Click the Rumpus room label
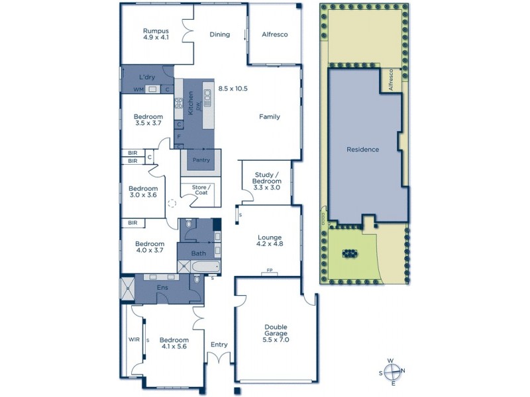point(156,34)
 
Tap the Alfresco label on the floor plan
point(274,34)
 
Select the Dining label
point(219,34)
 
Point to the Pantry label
point(201,160)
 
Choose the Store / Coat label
point(201,190)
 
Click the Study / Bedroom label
point(268,181)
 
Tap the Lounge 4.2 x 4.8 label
point(270,241)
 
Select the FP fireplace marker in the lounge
point(270,270)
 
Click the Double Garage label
point(276,333)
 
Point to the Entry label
point(219,345)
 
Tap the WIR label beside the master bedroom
point(132,339)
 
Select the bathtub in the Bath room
point(205,267)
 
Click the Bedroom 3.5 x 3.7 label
point(148,120)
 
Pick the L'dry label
point(147,77)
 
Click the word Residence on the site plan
point(363,150)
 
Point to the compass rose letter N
point(403,371)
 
